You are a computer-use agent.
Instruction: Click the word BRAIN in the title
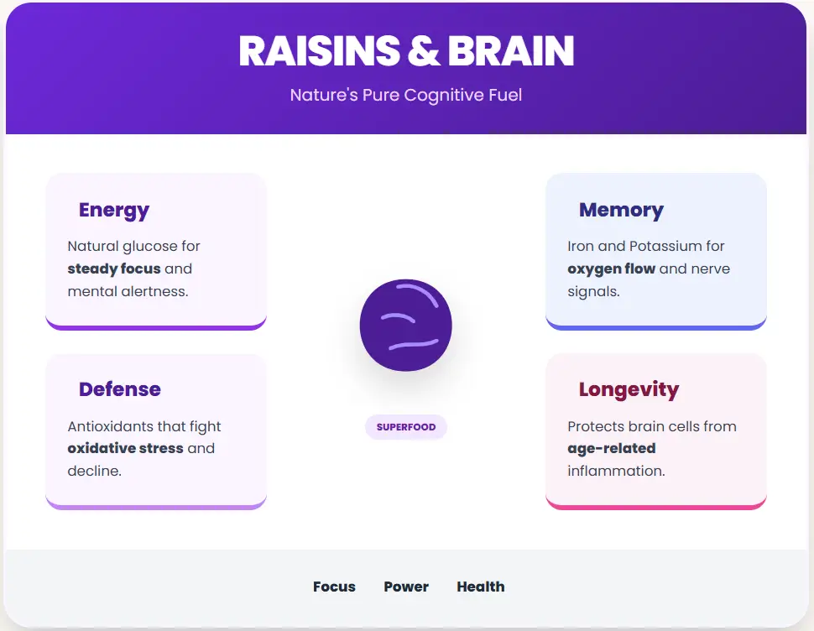(511, 51)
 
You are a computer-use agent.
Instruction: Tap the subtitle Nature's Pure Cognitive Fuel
(406, 95)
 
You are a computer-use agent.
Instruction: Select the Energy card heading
(114, 210)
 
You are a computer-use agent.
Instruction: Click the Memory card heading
(621, 210)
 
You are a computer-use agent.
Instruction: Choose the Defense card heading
(120, 389)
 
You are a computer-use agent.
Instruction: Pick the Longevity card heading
(629, 389)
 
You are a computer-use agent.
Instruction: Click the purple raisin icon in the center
(406, 325)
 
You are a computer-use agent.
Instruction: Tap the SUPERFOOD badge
(406, 427)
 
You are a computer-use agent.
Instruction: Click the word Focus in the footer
(334, 587)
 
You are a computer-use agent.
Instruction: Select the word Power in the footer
(406, 587)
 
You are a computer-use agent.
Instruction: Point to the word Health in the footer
(481, 587)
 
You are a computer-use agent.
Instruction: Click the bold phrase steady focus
(114, 269)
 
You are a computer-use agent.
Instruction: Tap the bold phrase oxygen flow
(611, 269)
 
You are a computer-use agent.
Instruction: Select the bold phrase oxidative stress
(125, 448)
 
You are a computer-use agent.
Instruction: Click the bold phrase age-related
(612, 448)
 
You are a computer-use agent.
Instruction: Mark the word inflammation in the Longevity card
(616, 471)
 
